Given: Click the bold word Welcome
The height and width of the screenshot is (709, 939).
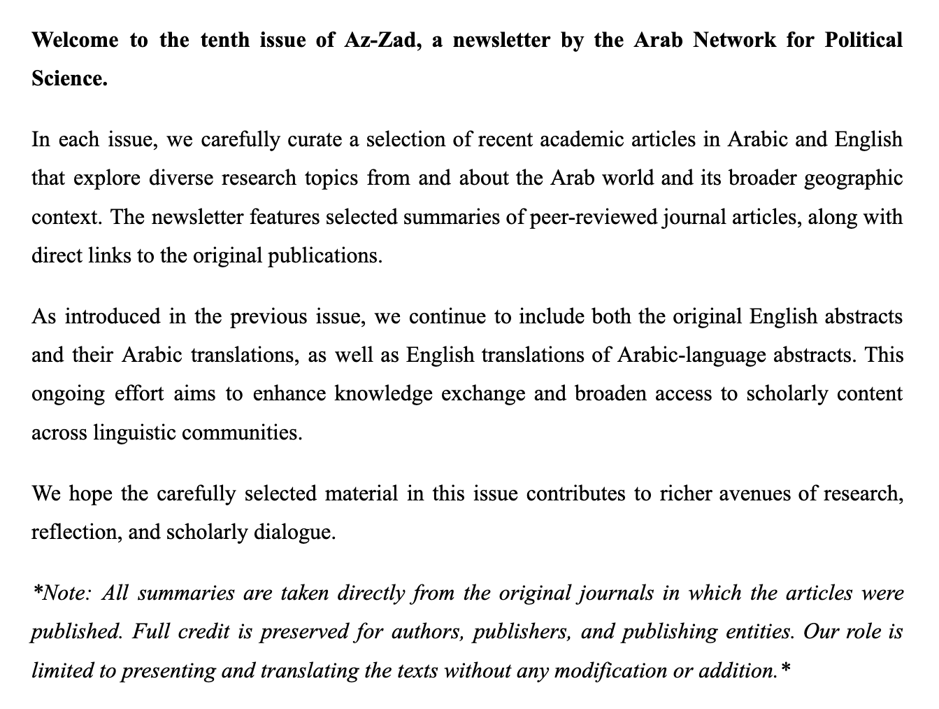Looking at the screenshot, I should pos(73,39).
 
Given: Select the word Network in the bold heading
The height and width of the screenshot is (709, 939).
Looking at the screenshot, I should pos(734,39).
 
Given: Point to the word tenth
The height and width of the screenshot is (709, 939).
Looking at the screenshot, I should pos(225,39).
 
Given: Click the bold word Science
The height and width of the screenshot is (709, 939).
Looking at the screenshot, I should pos(69,78).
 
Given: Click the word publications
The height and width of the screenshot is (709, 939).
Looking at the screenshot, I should pos(325,255).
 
